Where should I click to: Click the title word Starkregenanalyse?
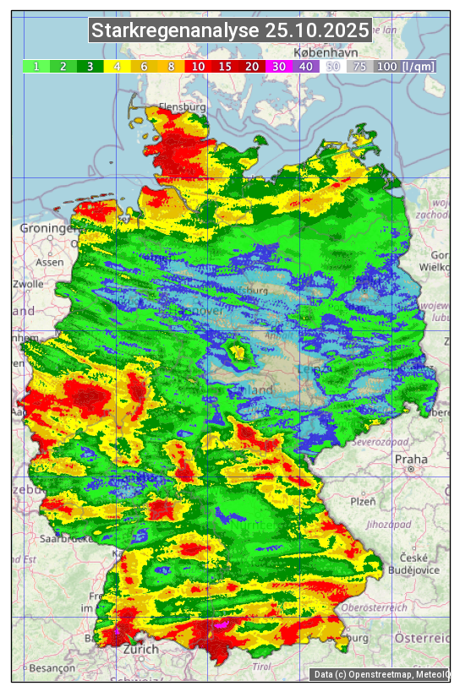click(x=175, y=31)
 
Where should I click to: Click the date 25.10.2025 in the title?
click(x=316, y=31)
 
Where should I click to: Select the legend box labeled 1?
click(x=36, y=66)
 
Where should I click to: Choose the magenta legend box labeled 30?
click(x=278, y=66)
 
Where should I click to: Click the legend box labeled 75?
click(x=359, y=66)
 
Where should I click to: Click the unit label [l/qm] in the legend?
click(x=419, y=66)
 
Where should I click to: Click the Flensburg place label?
click(x=182, y=108)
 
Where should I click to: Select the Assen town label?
click(x=50, y=262)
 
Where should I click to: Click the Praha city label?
click(x=411, y=460)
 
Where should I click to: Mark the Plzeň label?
click(x=363, y=501)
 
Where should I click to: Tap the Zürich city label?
click(x=140, y=649)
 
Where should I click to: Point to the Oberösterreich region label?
click(x=374, y=607)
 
